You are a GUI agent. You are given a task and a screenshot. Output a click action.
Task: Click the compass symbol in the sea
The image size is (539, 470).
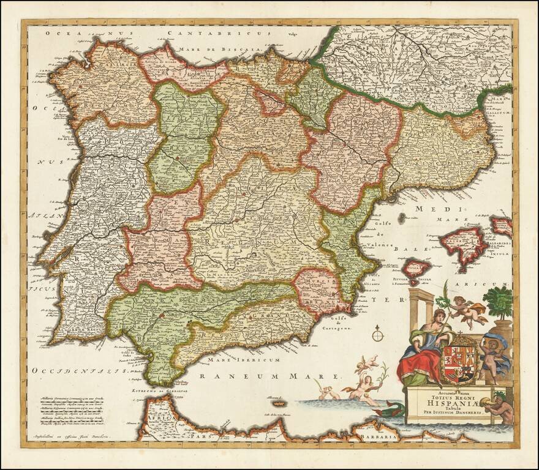click(378, 334)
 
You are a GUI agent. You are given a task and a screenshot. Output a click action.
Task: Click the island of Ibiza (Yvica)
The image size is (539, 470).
click(416, 267)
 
